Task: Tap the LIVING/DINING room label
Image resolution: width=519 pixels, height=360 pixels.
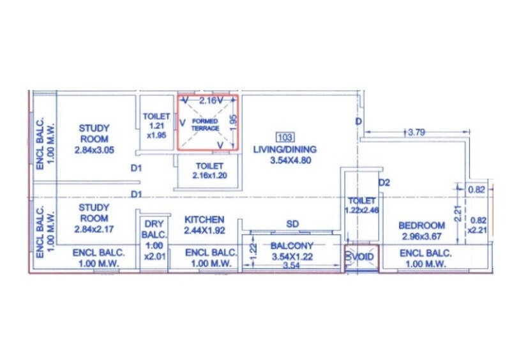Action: pos(284,149)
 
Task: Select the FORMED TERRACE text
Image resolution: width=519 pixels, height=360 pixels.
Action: pos(205,124)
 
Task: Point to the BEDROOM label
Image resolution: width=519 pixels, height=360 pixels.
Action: pos(421,225)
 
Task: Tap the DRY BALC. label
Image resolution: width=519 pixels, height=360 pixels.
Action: pos(154,229)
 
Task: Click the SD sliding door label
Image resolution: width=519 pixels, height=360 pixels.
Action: pos(292,224)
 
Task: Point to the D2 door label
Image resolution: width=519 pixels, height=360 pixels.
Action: pos(384,183)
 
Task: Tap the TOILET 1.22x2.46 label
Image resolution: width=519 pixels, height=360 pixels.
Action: pos(361,205)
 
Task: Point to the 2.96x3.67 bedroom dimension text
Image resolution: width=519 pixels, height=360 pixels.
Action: pos(421,236)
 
